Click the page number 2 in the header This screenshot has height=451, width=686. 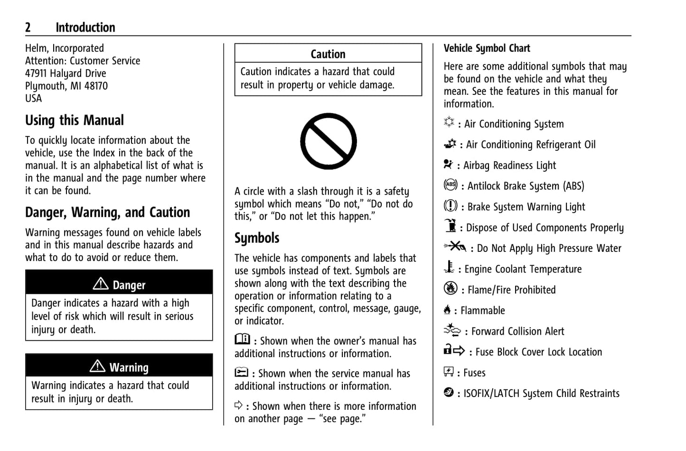(x=28, y=28)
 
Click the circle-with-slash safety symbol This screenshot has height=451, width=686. (x=328, y=141)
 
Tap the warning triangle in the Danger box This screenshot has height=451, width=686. (x=101, y=284)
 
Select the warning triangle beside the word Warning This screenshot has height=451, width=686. (x=97, y=366)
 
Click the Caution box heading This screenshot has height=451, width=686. (x=328, y=54)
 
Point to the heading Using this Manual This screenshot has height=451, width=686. (x=75, y=120)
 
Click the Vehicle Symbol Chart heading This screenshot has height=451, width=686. (x=487, y=48)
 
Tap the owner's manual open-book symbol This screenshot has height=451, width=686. (x=242, y=340)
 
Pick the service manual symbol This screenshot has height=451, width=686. (x=241, y=372)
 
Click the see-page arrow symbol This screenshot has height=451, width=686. (x=238, y=405)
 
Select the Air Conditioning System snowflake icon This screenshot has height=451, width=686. (x=449, y=122)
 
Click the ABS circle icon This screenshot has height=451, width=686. (x=450, y=185)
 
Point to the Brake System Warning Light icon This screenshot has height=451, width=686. (x=450, y=206)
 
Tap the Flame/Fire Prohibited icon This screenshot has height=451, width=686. (x=450, y=288)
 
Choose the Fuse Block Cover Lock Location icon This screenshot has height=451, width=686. (x=454, y=350)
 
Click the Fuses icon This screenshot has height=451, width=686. (x=449, y=371)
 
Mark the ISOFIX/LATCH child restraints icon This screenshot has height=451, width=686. (x=449, y=392)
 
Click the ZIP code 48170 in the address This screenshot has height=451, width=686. (x=96, y=86)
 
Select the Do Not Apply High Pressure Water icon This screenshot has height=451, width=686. (x=455, y=247)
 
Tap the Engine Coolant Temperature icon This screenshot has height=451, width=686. (x=449, y=267)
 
